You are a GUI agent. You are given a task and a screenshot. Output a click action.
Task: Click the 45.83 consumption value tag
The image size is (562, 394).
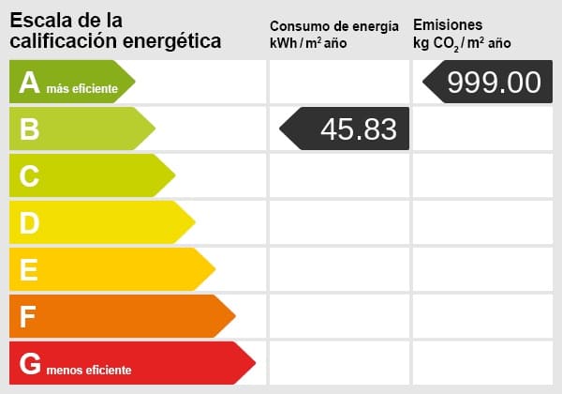tap(347, 129)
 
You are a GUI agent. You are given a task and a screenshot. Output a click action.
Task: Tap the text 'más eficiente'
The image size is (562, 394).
tap(82, 89)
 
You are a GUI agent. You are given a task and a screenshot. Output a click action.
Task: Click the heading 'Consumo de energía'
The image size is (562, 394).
tap(339, 26)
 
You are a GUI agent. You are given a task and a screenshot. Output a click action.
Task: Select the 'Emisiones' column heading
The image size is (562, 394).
tap(448, 25)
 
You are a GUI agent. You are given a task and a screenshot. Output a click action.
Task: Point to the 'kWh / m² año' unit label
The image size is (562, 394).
tap(310, 43)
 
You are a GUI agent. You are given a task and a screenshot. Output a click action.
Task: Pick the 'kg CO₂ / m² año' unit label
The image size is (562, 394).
tap(462, 43)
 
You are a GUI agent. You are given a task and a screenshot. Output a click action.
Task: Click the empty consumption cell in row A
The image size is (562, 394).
tap(338, 82)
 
